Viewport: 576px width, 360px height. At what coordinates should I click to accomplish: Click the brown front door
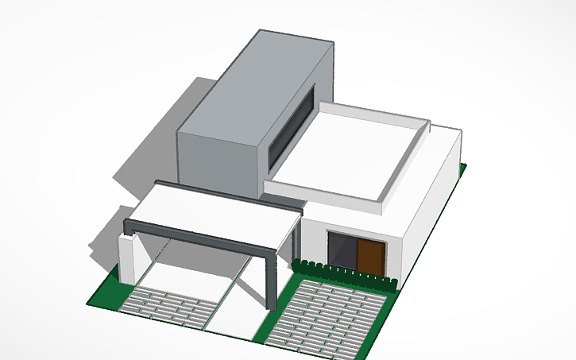pyautogui.click(x=369, y=257)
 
